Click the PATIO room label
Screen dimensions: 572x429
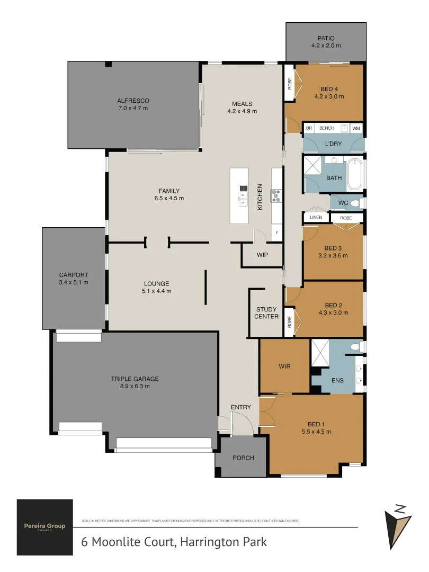click(326, 38)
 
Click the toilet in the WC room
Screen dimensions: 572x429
click(355, 203)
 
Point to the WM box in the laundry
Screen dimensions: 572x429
click(356, 128)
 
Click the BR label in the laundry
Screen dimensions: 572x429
click(309, 128)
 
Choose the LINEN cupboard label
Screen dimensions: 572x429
click(316, 218)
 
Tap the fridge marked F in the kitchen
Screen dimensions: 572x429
click(276, 232)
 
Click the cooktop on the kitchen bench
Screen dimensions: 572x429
click(276, 196)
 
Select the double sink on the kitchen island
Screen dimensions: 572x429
click(243, 195)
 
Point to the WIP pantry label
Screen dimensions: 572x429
click(262, 255)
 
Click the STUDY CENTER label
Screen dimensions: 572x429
click(266, 313)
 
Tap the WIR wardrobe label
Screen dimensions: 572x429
click(284, 366)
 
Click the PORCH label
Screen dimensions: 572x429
click(243, 458)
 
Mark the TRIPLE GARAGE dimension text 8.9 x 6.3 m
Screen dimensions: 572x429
click(135, 386)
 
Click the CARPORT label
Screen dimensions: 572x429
click(74, 279)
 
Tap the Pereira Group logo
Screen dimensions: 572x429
click(44, 527)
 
